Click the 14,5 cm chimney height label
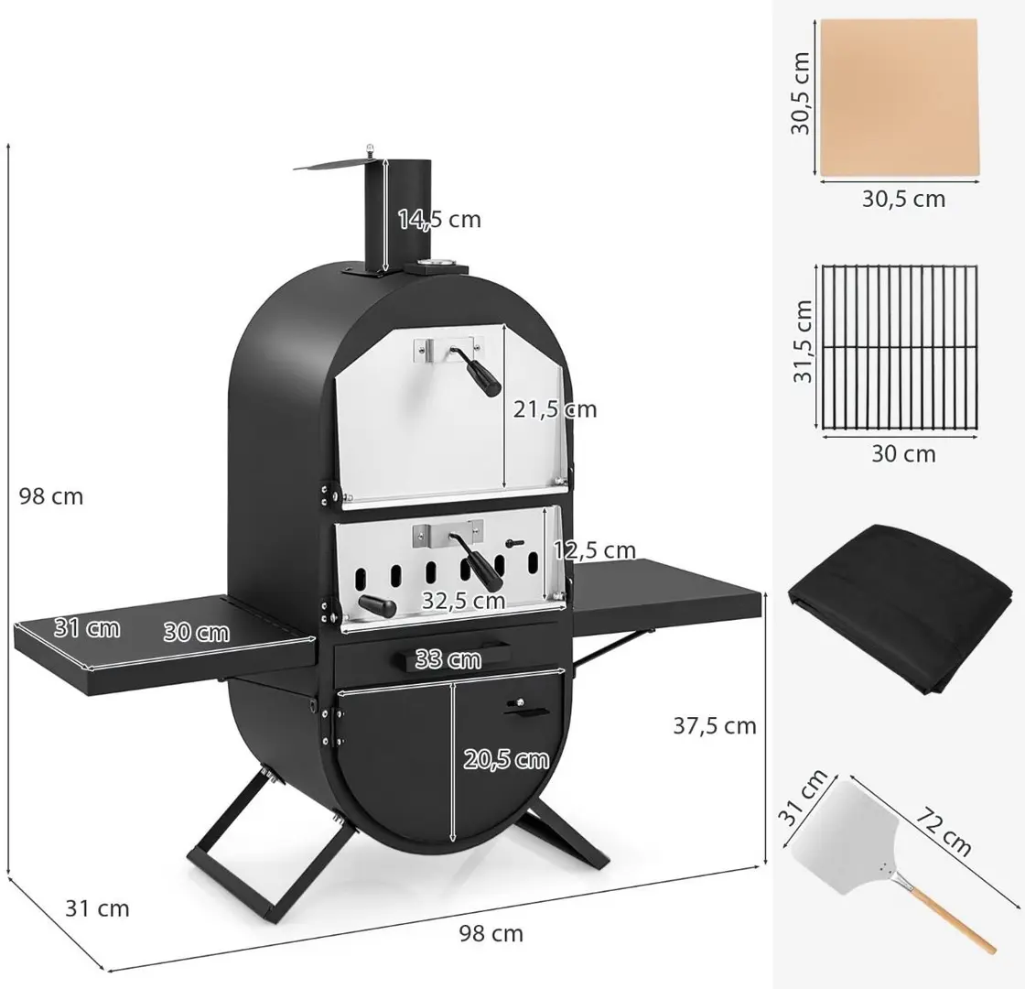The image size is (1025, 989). tap(439, 219)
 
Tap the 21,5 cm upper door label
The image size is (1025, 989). tap(555, 409)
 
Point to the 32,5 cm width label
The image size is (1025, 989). tap(463, 600)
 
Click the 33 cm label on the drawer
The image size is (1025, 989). tap(448, 658)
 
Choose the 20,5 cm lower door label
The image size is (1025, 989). tap(506, 759)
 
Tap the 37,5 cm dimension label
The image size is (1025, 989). tap(715, 725)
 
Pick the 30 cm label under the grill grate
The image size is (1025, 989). tap(903, 453)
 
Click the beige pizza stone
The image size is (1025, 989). tap(899, 97)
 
